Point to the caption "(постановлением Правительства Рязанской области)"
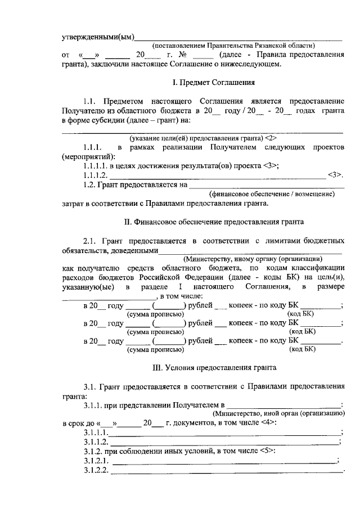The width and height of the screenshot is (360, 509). pyautogui.click(x=234, y=46)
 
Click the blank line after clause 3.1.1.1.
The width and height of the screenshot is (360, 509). pyautogui.click(x=225, y=434)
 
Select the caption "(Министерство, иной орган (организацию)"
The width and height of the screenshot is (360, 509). pyautogui.click(x=279, y=413)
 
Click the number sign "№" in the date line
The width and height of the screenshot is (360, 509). pyautogui.click(x=182, y=55)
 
